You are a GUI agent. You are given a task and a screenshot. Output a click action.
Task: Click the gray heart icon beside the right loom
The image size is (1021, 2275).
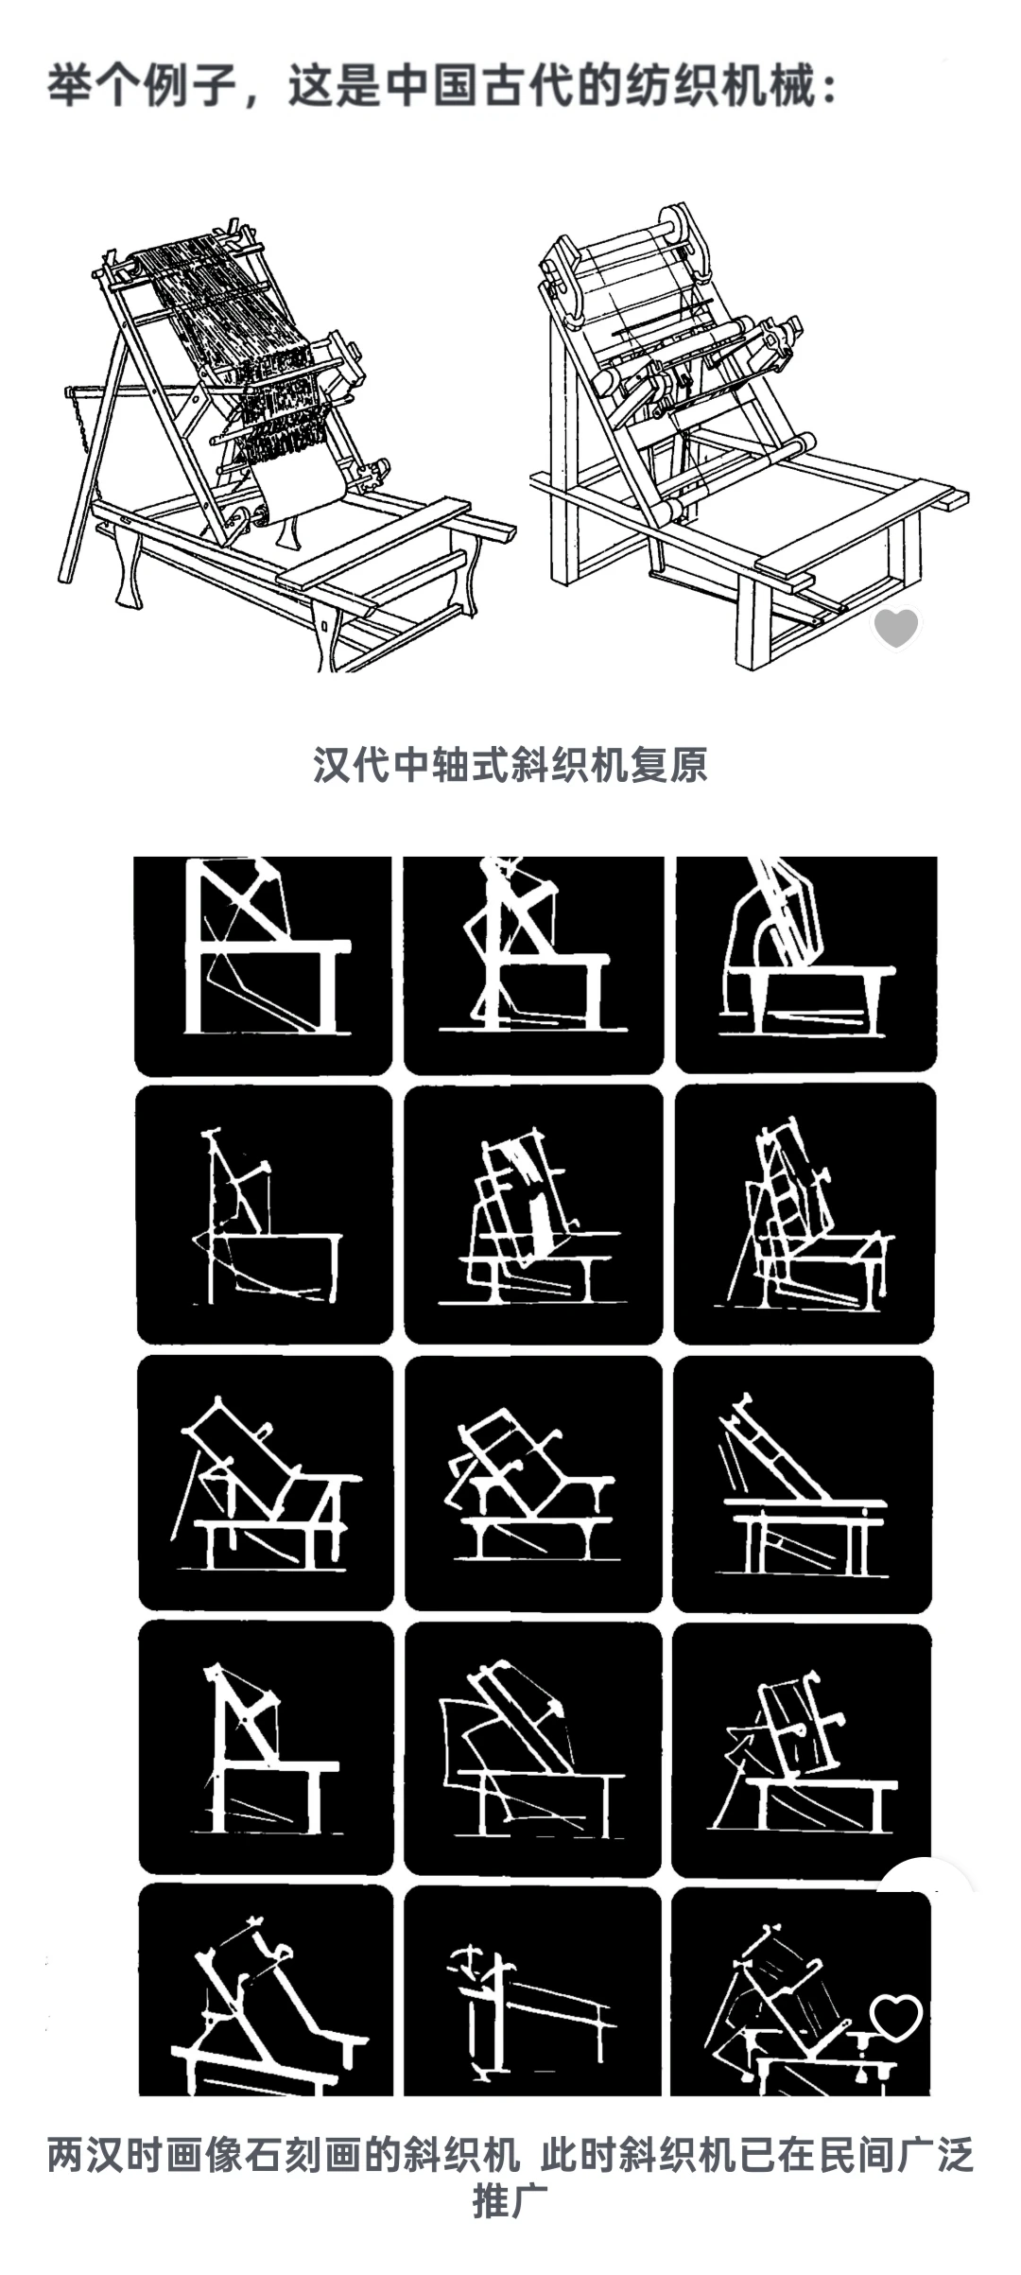coord(895,628)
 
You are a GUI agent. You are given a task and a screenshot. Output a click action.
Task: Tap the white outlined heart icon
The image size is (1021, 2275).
coord(895,2017)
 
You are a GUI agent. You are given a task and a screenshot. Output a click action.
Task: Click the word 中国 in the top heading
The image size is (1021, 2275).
coord(432,86)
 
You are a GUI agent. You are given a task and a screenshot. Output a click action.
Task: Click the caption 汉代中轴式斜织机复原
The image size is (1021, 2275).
coord(510,764)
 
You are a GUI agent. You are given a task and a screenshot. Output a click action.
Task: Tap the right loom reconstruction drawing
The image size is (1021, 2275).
coord(749,435)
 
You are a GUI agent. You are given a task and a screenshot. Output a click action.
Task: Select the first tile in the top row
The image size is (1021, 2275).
coord(263,965)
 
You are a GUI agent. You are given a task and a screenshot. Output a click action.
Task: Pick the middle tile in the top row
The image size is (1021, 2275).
coord(533,965)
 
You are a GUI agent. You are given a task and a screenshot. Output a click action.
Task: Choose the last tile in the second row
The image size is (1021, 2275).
coord(805,1213)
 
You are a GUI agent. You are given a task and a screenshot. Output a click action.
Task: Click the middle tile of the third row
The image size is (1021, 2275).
coord(533,1483)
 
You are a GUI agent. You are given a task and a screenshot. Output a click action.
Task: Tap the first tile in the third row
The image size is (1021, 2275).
coord(266,1483)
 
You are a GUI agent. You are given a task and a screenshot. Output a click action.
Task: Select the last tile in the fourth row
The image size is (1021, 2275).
coord(802,1750)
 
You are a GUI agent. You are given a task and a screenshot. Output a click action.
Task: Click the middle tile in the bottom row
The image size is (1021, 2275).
coord(532,1991)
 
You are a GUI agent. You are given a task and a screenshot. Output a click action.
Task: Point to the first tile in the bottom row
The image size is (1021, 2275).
coord(266,1989)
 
